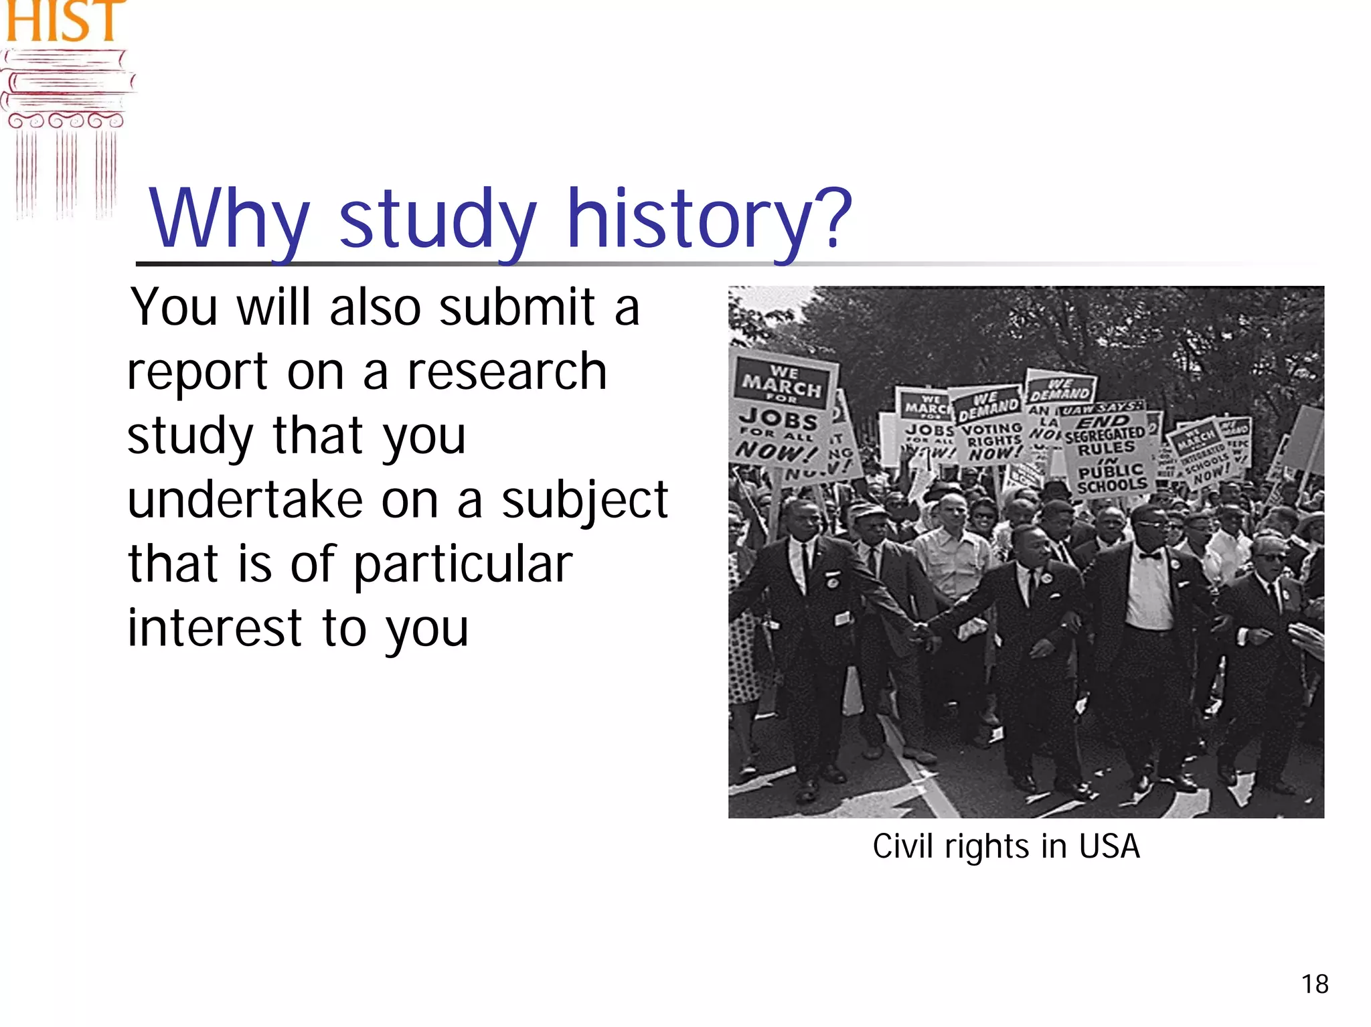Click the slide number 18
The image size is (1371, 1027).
[1315, 984]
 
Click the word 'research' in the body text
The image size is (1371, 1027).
[507, 372]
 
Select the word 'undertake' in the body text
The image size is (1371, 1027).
[245, 500]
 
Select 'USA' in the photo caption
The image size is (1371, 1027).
[1109, 846]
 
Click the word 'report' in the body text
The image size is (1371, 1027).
[197, 373]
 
